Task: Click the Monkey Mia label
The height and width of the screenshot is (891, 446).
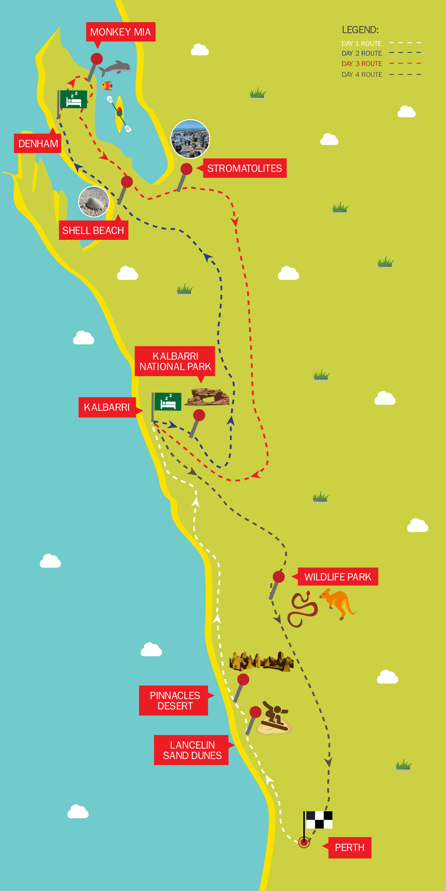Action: tap(120, 32)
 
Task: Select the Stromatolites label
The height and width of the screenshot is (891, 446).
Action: tap(244, 168)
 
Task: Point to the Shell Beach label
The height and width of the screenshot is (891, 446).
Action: tap(93, 230)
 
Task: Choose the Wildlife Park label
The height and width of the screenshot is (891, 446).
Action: tap(338, 577)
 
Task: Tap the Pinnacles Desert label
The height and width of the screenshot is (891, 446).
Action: tap(174, 701)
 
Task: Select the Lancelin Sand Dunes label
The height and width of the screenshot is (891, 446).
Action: tap(192, 750)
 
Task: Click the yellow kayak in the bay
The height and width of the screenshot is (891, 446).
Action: tap(119, 113)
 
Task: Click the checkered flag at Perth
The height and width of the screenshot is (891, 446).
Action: tap(319, 820)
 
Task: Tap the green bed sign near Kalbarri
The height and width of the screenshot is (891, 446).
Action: tap(168, 402)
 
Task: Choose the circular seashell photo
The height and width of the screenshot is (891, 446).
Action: tap(93, 202)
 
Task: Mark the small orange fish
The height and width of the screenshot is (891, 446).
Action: tap(107, 85)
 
